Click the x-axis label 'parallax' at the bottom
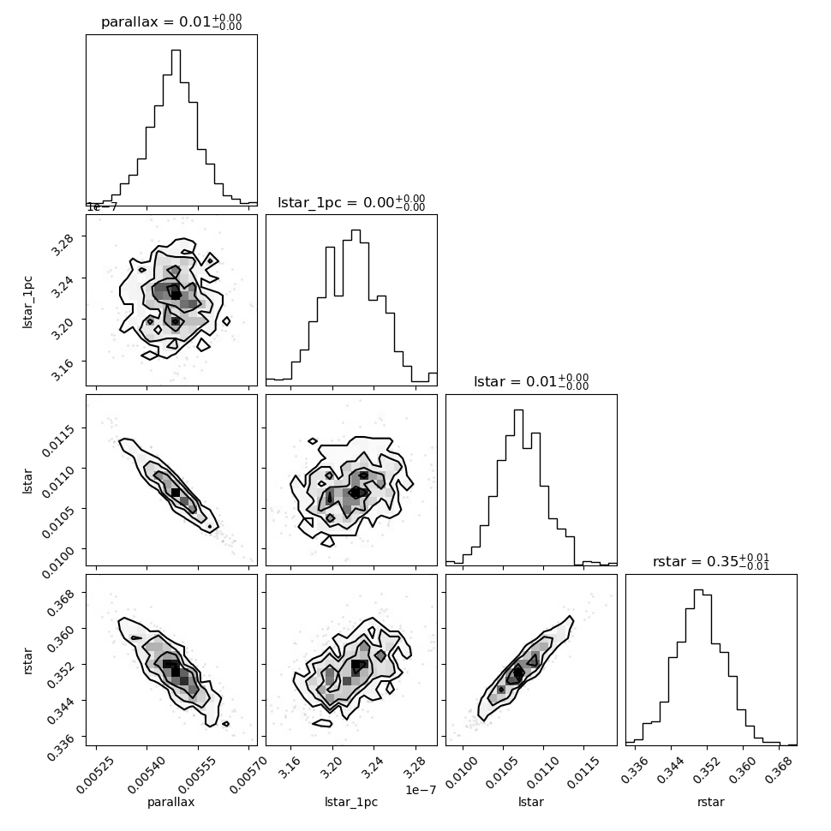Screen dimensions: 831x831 (171, 802)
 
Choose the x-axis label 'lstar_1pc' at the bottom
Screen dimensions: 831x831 (351, 802)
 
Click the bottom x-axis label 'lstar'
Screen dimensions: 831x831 (531, 802)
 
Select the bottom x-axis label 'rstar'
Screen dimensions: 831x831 (711, 802)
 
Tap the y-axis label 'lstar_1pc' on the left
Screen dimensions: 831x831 (27, 302)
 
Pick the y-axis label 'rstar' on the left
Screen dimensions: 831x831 (27, 661)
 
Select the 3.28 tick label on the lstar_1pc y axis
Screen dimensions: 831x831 (63, 243)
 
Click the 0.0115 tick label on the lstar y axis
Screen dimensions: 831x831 (57, 439)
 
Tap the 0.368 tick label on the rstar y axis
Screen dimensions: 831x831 (61, 602)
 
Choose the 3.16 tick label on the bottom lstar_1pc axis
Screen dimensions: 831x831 (290, 769)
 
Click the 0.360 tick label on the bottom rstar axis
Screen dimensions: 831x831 (740, 769)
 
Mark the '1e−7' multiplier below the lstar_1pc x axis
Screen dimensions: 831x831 (421, 790)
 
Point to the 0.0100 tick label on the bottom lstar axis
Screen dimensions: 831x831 (462, 772)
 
